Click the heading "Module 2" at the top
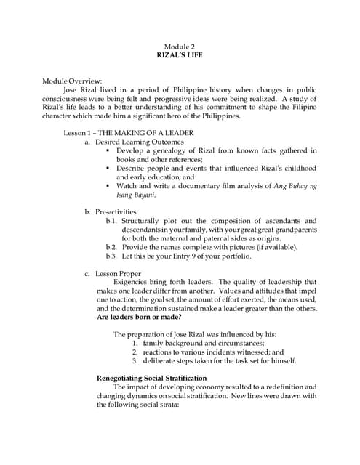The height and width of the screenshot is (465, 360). (180, 46)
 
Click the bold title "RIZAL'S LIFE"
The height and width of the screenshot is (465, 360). (180, 54)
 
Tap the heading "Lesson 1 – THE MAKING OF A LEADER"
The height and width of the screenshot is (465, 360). (124, 133)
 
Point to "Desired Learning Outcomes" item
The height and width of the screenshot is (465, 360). (139, 142)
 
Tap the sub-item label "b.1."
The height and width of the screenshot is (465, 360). (111, 221)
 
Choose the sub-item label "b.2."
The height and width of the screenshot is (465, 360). (111, 247)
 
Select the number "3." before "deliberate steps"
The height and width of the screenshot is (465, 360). (135, 360)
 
